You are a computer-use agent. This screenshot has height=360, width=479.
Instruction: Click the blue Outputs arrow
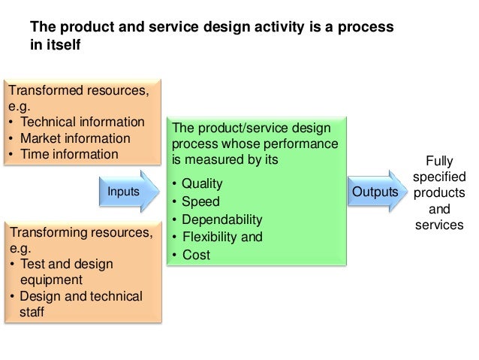375,193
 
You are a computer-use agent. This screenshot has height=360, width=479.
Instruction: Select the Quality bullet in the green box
198,183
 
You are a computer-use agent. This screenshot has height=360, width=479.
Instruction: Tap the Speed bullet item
196,201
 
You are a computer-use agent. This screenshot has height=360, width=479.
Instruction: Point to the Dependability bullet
217,219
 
